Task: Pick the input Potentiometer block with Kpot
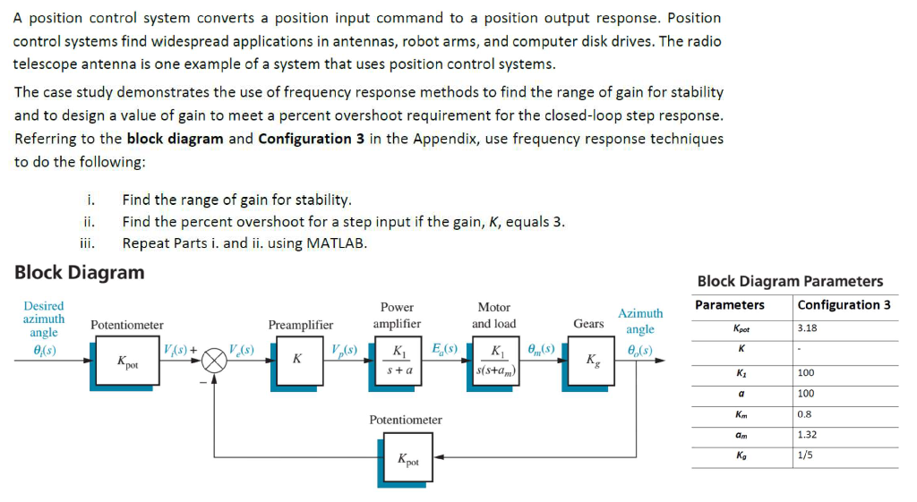tap(126, 362)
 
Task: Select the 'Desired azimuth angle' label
tap(43, 319)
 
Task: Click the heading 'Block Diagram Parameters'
tap(790, 281)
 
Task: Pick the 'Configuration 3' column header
tap(844, 305)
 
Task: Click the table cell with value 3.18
tap(807, 328)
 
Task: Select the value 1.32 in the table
tap(807, 435)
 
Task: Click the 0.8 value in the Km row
tap(804, 413)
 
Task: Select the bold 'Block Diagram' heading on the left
tap(79, 272)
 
